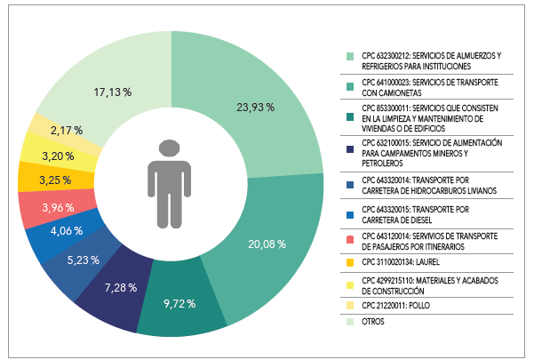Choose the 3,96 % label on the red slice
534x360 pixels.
tap(57, 209)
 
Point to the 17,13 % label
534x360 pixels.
tap(113, 92)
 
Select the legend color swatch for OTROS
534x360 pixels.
tap(351, 322)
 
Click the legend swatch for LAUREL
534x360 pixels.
tap(351, 262)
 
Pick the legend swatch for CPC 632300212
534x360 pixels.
tap(351, 55)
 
